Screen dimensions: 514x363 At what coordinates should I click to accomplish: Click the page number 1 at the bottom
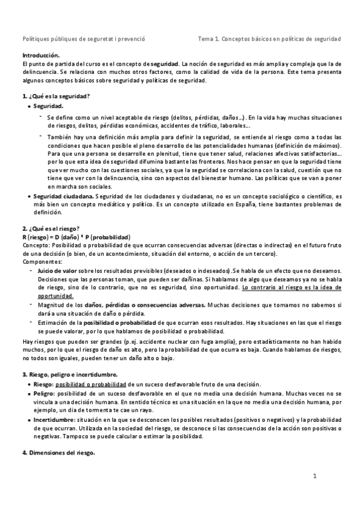pyautogui.click(x=315, y=476)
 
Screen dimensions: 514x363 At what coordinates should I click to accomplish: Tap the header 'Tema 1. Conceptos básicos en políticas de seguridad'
pyautogui.click(x=269, y=39)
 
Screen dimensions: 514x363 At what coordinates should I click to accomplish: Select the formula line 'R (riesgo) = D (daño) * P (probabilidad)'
pyautogui.click(x=80, y=236)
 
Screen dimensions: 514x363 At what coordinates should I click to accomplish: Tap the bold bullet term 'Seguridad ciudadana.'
pyautogui.click(x=63, y=197)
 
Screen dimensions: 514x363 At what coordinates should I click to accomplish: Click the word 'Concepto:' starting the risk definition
pyautogui.click(x=36, y=245)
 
